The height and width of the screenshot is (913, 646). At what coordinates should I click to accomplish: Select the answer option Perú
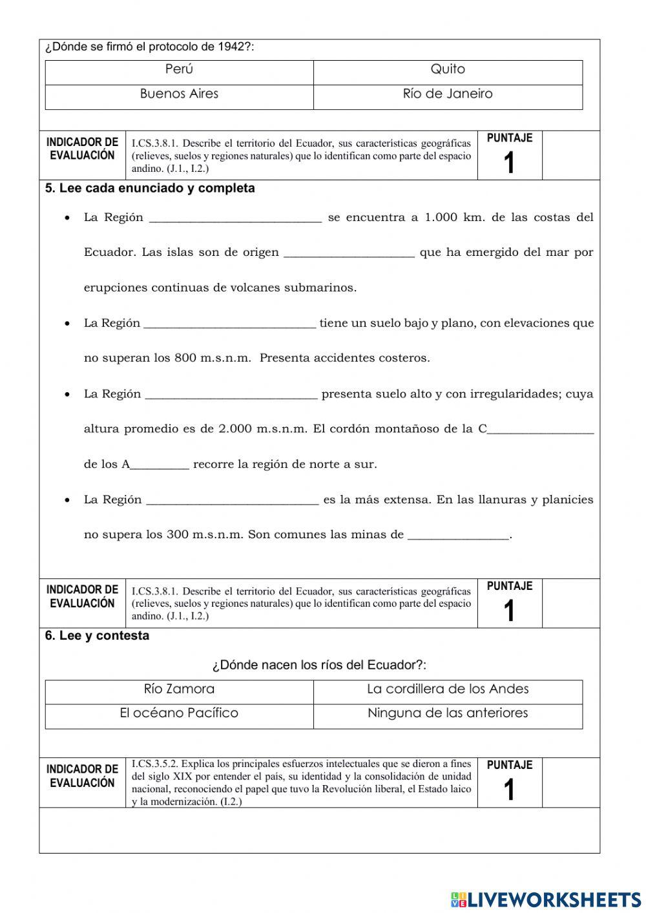[x=179, y=69]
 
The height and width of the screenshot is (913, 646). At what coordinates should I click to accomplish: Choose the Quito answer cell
[x=448, y=69]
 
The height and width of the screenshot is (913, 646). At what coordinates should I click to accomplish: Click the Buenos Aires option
[x=179, y=94]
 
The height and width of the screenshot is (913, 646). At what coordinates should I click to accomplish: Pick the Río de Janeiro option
[x=448, y=94]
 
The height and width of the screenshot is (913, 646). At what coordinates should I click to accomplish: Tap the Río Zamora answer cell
[x=179, y=689]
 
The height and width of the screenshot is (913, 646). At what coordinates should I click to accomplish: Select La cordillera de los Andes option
[x=448, y=689]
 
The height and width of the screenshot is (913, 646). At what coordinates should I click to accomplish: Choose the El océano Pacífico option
[x=179, y=713]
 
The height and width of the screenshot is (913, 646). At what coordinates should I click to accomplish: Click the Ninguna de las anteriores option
[x=448, y=713]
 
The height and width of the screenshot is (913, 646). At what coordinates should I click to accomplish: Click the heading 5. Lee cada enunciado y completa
[x=150, y=188]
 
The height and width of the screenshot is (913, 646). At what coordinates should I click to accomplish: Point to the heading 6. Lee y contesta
[x=97, y=636]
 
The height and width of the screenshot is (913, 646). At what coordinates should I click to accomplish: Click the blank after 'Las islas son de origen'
[x=349, y=253]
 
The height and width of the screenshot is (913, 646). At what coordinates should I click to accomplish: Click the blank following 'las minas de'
[x=459, y=535]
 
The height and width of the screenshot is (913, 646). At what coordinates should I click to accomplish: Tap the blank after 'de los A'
[x=160, y=465]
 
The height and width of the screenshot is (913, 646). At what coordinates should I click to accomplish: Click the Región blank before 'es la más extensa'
[x=233, y=499]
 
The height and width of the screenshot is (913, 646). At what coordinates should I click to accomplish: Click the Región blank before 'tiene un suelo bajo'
[x=230, y=323]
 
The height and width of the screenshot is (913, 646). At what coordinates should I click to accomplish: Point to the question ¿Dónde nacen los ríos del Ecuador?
[x=319, y=665]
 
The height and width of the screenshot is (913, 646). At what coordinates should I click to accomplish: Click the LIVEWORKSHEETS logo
[x=546, y=899]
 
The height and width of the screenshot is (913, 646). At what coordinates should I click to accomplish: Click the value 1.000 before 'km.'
[x=441, y=217]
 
